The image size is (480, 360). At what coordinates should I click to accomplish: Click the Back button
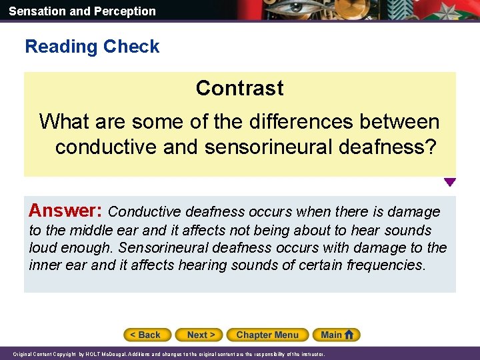tap(147, 335)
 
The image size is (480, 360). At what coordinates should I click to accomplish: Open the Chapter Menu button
tap(267, 335)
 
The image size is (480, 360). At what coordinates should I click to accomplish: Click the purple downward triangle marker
tap(450, 182)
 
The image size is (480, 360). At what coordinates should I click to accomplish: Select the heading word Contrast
tap(239, 88)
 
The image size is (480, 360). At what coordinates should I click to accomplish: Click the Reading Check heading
tap(92, 47)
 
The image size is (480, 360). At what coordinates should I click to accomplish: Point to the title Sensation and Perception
tap(82, 11)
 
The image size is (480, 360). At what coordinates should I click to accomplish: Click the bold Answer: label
tap(65, 211)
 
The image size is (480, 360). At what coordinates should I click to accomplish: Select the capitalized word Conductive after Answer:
tap(145, 212)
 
